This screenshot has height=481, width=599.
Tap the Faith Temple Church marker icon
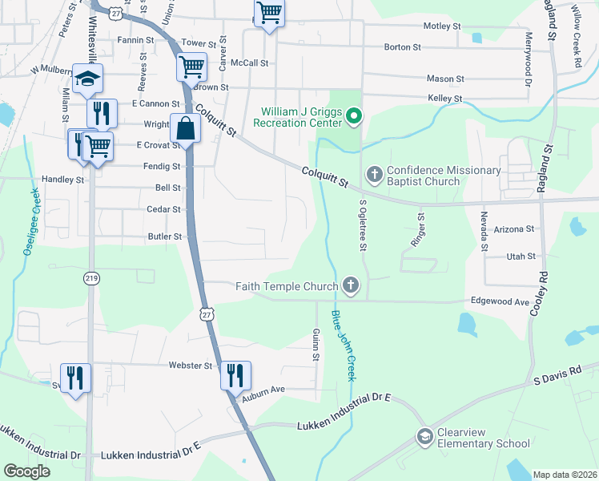pyautogui.click(x=350, y=285)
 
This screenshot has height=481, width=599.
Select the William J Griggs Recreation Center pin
pyautogui.click(x=354, y=119)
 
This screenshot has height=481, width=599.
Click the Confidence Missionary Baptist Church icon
pyautogui.click(x=374, y=174)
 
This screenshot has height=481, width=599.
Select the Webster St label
pyautogui.click(x=190, y=366)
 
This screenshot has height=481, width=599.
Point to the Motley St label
pyautogui.click(x=442, y=26)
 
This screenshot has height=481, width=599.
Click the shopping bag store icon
pyautogui.click(x=185, y=128)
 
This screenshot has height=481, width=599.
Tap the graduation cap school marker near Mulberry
pyautogui.click(x=88, y=79)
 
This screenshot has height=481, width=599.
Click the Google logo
pyautogui.click(x=26, y=471)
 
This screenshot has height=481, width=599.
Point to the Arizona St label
pyautogui.click(x=514, y=229)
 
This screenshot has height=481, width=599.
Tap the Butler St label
pyautogui.click(x=165, y=236)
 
